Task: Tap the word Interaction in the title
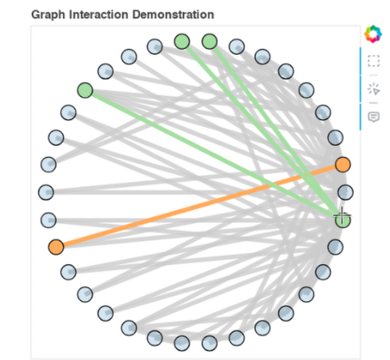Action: (x=99, y=15)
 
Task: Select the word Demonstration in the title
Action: (x=173, y=15)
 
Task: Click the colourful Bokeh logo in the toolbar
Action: (x=373, y=34)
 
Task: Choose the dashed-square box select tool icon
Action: (x=374, y=61)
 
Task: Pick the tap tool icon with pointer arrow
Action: (x=374, y=89)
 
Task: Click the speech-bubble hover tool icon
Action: (x=374, y=117)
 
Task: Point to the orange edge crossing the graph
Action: (x=200, y=206)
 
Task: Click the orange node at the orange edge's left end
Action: (x=56, y=247)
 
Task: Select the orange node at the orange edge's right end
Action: (x=342, y=165)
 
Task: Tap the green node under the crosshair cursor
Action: (x=342, y=220)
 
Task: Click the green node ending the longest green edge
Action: (x=85, y=90)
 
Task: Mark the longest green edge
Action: (x=213, y=155)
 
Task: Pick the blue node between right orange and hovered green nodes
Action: (x=346, y=192)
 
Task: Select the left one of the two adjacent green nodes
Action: (x=182, y=42)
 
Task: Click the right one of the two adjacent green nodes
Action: (x=209, y=42)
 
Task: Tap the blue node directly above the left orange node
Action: (x=48, y=220)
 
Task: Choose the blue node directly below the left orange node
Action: (x=68, y=272)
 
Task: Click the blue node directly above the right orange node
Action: (x=335, y=138)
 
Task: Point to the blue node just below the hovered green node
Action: (x=335, y=247)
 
